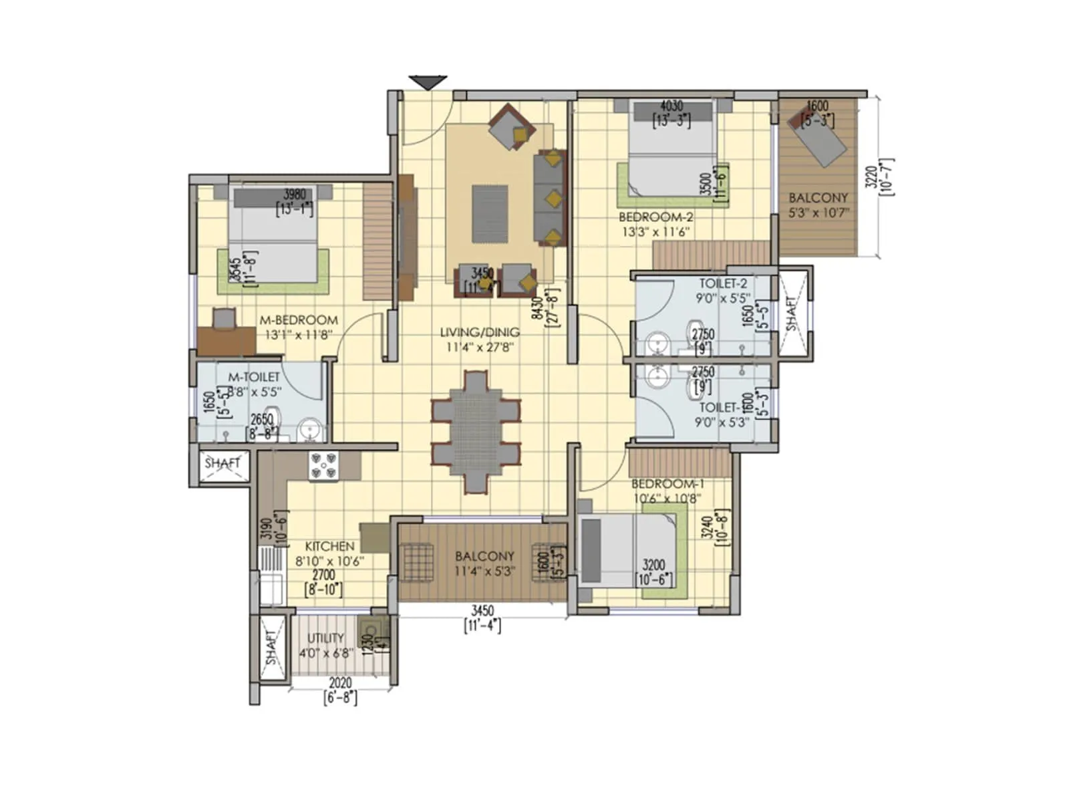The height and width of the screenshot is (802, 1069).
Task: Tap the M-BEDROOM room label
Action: [299, 320]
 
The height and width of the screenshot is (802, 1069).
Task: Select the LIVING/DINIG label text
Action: [480, 332]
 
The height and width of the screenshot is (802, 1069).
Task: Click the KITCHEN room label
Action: [329, 546]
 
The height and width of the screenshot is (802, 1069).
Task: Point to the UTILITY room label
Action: [325, 638]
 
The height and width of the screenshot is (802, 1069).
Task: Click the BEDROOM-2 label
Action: [655, 217]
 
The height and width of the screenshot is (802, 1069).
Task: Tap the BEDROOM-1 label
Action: [667, 483]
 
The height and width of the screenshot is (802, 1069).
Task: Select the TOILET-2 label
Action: [723, 283]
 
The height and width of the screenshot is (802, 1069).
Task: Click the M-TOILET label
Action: [254, 378]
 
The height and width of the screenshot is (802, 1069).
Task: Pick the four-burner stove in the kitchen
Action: [323, 465]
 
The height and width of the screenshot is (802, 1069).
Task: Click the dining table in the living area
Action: [476, 433]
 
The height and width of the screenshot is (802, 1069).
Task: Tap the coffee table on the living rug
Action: [490, 214]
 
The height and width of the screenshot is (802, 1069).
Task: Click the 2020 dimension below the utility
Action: [340, 684]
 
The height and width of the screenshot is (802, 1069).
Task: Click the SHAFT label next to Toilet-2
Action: [792, 313]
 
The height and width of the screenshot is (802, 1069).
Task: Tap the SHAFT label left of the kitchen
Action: [222, 462]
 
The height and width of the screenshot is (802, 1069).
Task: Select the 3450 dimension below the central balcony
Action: [482, 610]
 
